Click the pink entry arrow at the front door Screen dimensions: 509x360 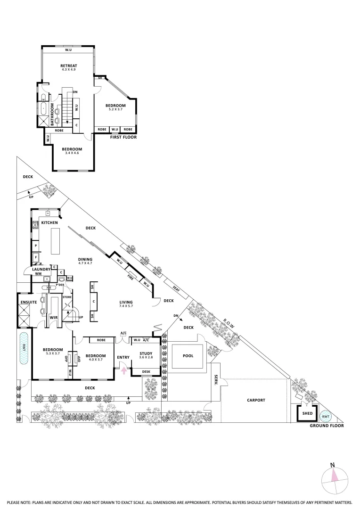tap(124, 371)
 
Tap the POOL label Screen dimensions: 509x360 tap(188, 356)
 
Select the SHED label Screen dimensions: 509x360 tap(307, 413)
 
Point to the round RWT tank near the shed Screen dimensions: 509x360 tap(325, 416)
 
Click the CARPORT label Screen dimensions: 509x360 tap(256, 400)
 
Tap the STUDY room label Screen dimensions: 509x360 tap(146, 353)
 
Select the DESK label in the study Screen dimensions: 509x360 tap(146, 372)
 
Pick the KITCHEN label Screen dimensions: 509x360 tap(49, 222)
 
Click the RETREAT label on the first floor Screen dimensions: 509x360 tap(68, 66)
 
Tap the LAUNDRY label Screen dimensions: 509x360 tap(41, 269)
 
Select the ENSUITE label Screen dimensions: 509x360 tap(28, 302)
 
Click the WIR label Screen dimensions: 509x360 tap(53, 317)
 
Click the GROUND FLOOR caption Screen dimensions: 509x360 tap(327, 426)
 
